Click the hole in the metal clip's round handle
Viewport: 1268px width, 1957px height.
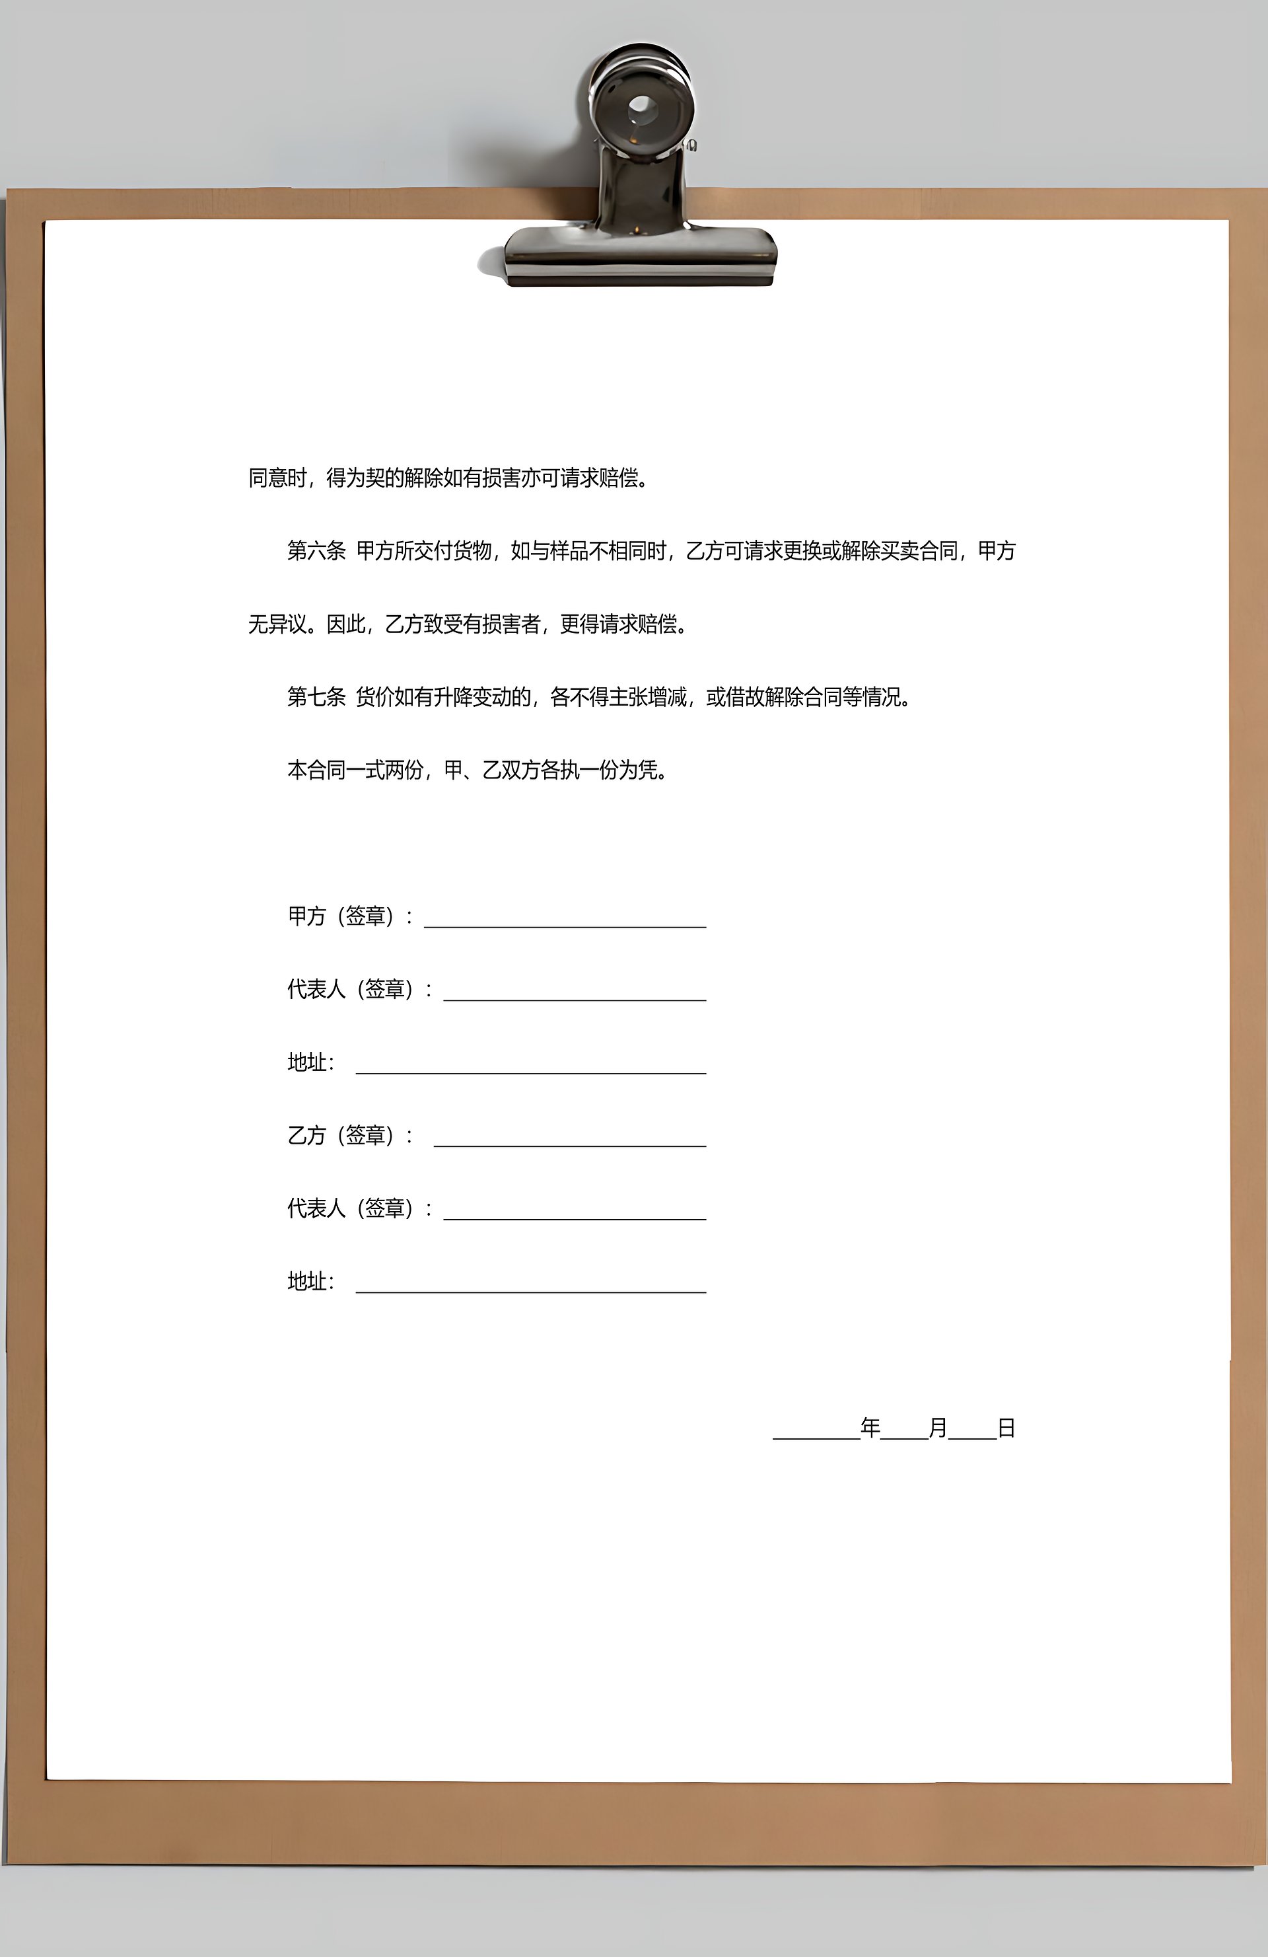pos(641,107)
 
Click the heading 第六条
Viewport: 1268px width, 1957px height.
pos(316,551)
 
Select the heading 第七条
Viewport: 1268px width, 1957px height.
pos(316,697)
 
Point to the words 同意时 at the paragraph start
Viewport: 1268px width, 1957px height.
pos(278,478)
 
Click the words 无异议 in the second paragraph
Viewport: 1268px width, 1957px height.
pos(278,624)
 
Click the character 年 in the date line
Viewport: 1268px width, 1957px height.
pos(870,1428)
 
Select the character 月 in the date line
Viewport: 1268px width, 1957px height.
pos(938,1428)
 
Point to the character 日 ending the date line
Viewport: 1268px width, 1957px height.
pos(1006,1428)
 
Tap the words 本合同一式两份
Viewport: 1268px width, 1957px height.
pos(355,770)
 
